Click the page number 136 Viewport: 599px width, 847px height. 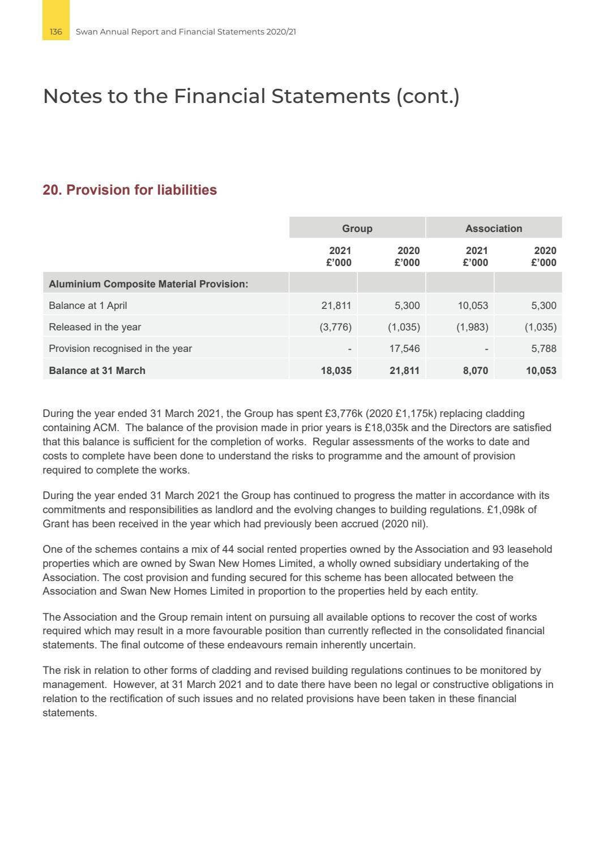tap(55, 32)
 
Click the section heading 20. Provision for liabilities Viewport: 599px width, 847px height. tap(130, 190)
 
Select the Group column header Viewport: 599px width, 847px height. tap(357, 229)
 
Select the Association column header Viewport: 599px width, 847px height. tap(494, 229)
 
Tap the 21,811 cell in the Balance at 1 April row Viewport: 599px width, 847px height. tap(336, 306)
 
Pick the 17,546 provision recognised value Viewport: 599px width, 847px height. tap(404, 349)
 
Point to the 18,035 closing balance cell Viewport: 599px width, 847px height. tap(336, 371)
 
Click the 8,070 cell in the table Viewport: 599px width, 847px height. tap(475, 371)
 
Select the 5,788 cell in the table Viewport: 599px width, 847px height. tap(544, 349)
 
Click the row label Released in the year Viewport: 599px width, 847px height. tap(95, 327)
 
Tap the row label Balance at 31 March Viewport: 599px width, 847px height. tap(97, 371)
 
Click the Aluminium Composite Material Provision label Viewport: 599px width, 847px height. tap(148, 284)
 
